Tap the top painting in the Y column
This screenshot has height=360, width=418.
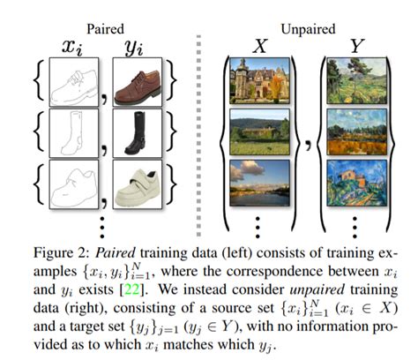pos(358,81)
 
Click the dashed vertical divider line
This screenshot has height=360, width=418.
pos(205,124)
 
